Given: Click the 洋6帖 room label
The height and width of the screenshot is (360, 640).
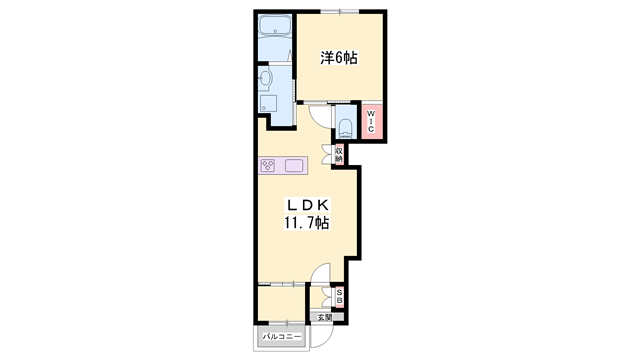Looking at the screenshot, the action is (339, 58).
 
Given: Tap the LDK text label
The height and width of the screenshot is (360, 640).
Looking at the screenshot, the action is (308, 204).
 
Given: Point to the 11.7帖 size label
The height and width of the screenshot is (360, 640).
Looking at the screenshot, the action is (307, 223).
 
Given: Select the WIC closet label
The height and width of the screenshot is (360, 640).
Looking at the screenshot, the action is (371, 121).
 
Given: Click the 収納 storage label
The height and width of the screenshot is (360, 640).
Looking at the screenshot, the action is (339, 155).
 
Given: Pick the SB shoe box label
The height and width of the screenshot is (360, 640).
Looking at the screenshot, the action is (339, 297).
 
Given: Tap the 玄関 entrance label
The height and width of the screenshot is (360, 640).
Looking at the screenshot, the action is (325, 317).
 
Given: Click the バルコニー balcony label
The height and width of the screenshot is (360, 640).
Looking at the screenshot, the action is (282, 337).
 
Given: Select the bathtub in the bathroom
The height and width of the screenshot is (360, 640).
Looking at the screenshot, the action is (275, 26).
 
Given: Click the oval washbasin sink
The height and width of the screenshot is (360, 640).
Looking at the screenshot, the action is (265, 78).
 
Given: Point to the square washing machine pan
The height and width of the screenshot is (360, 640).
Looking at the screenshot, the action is (268, 103).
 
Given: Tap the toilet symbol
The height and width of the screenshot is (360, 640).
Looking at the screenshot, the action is (346, 128).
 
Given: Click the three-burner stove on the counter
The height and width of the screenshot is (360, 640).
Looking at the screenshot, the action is (268, 165).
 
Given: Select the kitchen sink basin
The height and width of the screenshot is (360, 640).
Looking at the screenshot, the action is (293, 165).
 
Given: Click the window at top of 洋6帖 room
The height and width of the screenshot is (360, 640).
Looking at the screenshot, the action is (340, 11).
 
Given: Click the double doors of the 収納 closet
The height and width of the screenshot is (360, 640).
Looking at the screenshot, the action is (328, 154).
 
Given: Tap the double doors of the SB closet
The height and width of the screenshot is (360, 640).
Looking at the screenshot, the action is (328, 297).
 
